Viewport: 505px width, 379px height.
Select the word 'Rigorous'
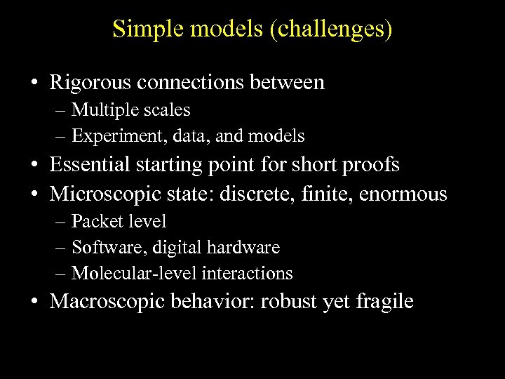pos(91,83)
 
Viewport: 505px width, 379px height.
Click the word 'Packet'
pos(95,222)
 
